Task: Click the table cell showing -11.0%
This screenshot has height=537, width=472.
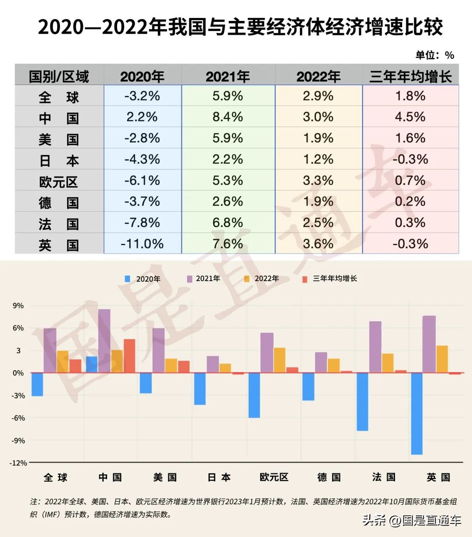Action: tap(142, 244)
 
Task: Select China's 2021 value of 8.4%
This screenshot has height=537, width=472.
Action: tap(228, 117)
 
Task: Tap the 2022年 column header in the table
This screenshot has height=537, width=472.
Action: tap(318, 77)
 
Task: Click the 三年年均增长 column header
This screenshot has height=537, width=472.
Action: tap(410, 77)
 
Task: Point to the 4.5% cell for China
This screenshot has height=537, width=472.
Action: tap(410, 117)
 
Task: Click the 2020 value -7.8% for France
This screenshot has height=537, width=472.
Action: tap(142, 223)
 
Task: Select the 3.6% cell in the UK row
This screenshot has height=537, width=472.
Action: tap(318, 244)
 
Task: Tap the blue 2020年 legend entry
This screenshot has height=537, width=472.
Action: tap(143, 279)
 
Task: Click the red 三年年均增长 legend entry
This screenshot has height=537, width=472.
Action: tap(330, 279)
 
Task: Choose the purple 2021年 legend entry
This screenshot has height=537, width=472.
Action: tap(203, 279)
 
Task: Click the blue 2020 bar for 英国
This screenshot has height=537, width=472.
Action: tap(416, 413)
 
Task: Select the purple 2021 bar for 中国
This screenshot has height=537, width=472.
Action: tap(104, 341)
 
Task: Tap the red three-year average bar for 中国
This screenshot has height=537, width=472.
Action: tap(129, 355)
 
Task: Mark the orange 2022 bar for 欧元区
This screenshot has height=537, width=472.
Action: tap(279, 360)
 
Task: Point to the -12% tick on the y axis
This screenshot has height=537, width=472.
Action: tap(18, 463)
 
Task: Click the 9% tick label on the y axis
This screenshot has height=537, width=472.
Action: tap(18, 306)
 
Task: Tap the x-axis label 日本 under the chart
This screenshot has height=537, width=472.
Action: tap(219, 477)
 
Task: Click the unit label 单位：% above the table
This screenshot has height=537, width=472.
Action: tap(434, 55)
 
